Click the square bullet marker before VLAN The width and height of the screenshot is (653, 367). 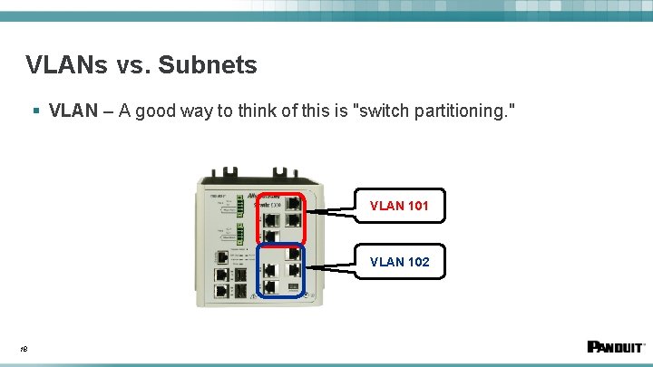click(35, 111)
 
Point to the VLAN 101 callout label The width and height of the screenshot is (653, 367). click(399, 206)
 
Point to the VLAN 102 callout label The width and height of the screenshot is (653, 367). click(399, 262)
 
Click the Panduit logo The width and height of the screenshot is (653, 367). click(616, 346)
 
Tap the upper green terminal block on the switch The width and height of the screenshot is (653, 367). click(240, 206)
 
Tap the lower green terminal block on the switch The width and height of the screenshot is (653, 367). click(240, 237)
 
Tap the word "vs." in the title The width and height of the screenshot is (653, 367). click(134, 65)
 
